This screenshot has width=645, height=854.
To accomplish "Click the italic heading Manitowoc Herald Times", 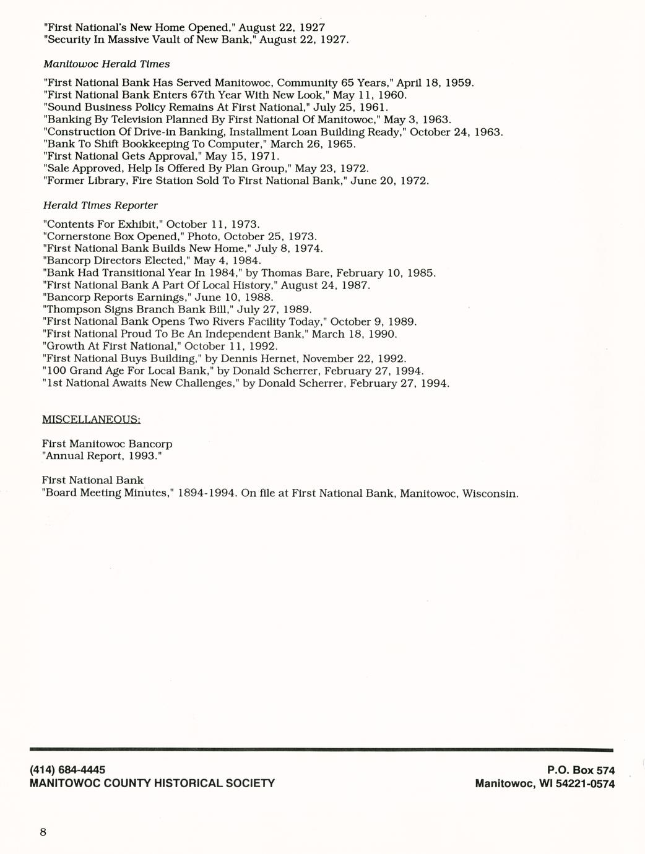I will click(106, 64).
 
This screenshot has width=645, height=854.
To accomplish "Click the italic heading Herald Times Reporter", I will click(100, 205).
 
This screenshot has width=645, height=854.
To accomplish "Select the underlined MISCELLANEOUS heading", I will click(91, 420).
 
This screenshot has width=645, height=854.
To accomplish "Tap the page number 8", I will click(43, 832).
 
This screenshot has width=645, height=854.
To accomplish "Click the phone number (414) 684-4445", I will click(67, 770).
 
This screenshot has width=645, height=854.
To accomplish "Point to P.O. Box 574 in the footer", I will click(581, 770).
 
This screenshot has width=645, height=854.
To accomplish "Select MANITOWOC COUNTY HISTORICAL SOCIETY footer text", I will click(152, 783).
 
